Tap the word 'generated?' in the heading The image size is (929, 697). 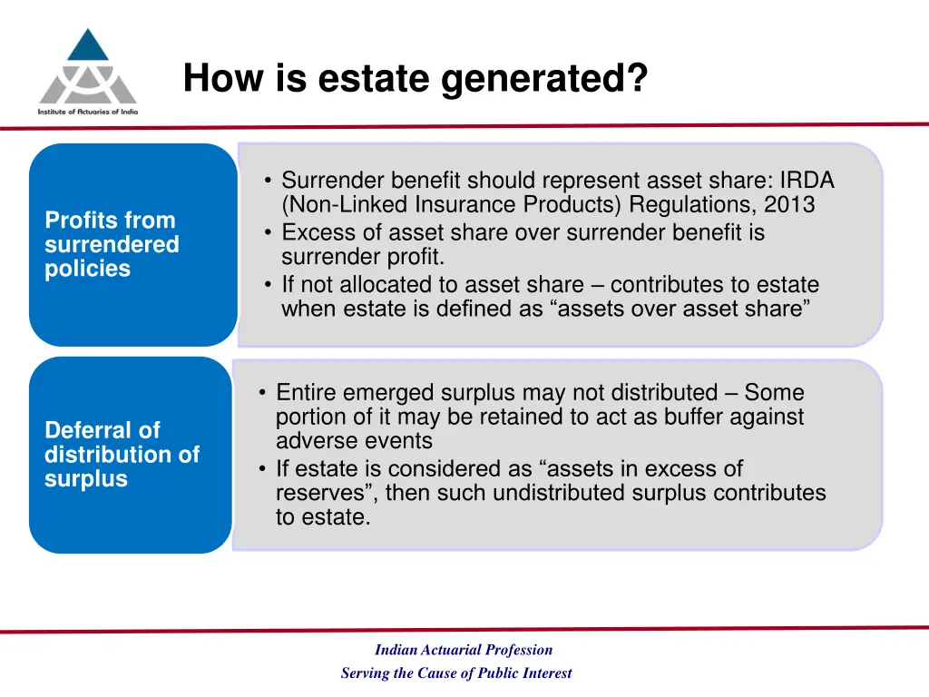point(545,79)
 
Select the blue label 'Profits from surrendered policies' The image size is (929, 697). point(112,244)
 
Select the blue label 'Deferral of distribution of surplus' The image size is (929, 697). point(122,455)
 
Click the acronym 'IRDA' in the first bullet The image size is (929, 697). point(807,181)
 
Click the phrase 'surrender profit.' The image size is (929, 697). point(363,257)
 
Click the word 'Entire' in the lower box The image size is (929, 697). point(307,393)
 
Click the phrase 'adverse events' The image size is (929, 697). point(354,442)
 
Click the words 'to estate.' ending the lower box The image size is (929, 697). point(323,518)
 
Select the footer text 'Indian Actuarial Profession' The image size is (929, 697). point(464,650)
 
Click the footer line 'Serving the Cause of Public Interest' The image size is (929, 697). point(456,673)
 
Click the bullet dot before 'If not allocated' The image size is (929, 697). point(269,284)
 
